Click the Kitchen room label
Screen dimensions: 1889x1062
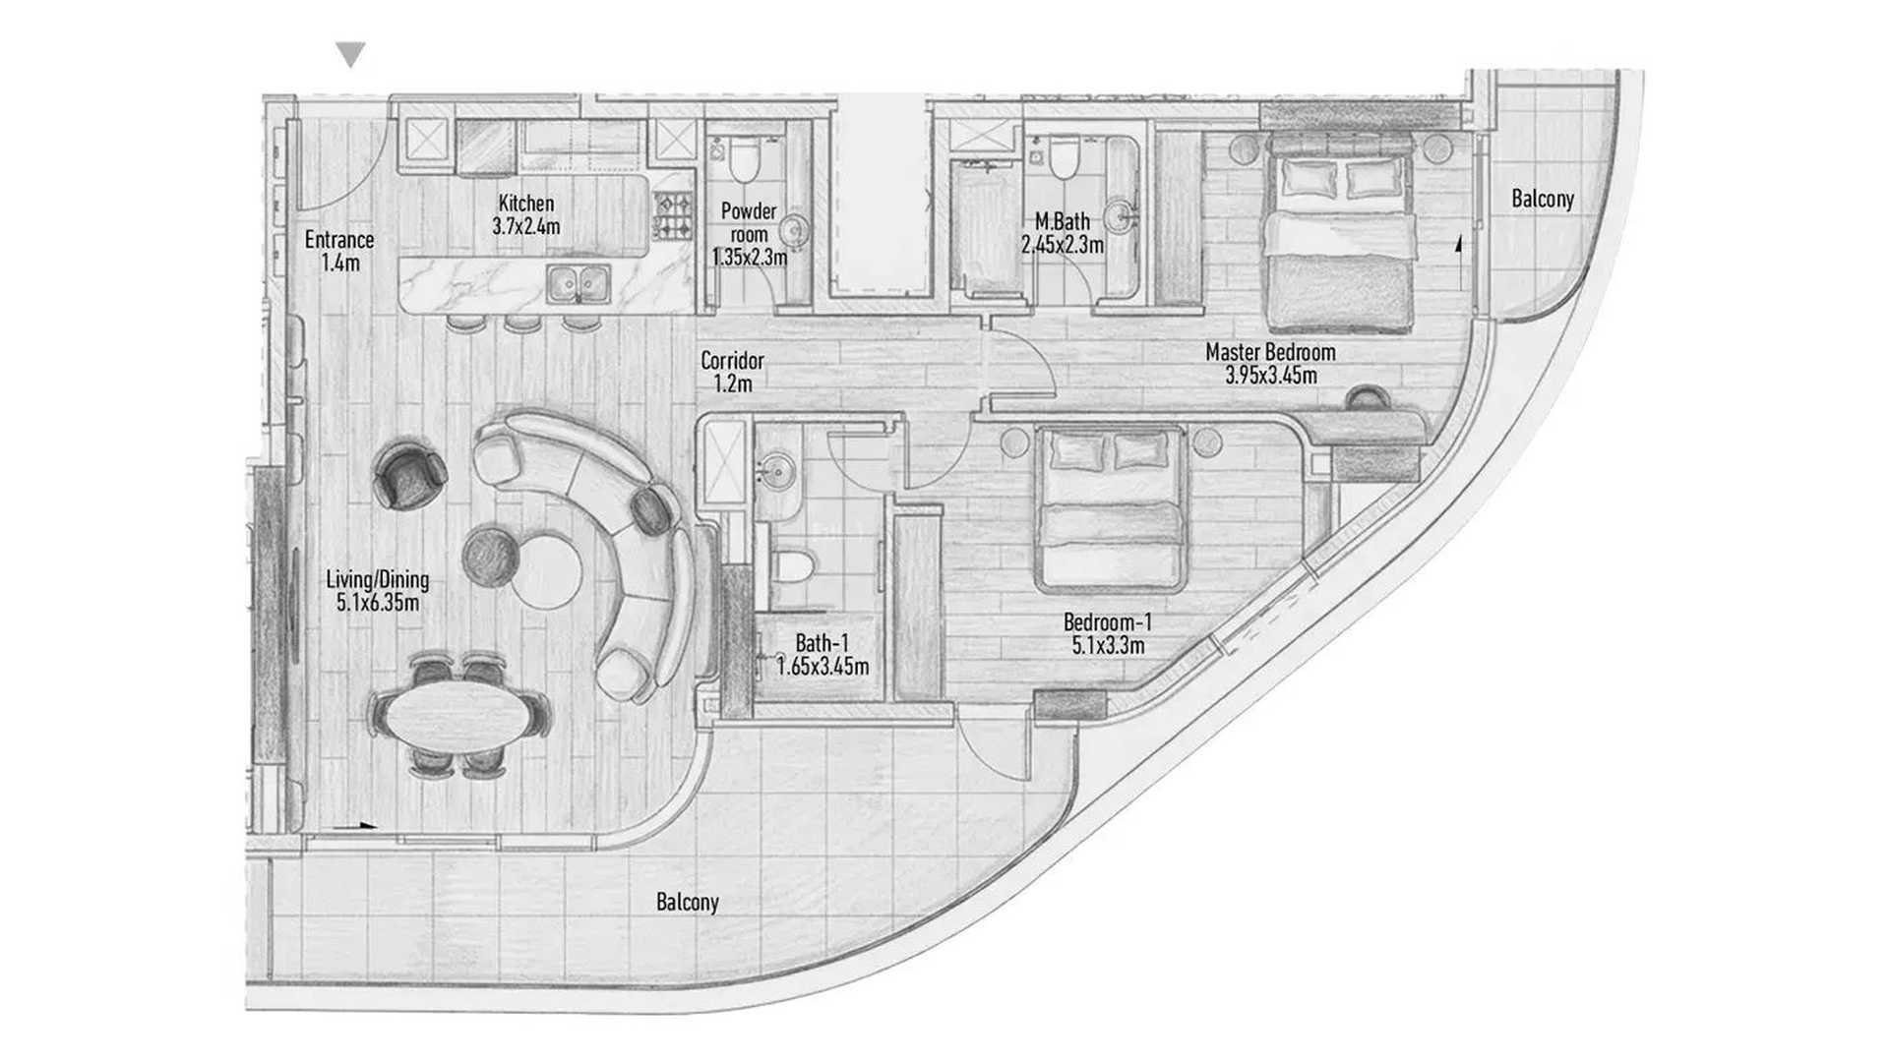(x=526, y=204)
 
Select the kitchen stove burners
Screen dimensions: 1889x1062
(x=675, y=217)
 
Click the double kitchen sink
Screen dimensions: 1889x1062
(x=579, y=284)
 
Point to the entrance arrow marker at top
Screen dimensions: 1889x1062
(x=350, y=54)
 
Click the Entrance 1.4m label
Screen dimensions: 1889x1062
(x=339, y=251)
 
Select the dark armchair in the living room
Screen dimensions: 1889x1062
(x=410, y=476)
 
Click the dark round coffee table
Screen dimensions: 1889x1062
(x=491, y=556)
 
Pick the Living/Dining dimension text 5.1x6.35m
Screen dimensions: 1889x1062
(x=378, y=603)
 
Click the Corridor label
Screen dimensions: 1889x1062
(x=732, y=361)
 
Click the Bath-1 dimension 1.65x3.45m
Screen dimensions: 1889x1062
(x=823, y=667)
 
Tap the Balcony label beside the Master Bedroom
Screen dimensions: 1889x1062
(x=1543, y=199)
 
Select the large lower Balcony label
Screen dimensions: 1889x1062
(x=687, y=902)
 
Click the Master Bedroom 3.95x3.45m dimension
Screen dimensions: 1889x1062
(x=1271, y=375)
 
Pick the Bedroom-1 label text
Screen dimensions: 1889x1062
(x=1107, y=622)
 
